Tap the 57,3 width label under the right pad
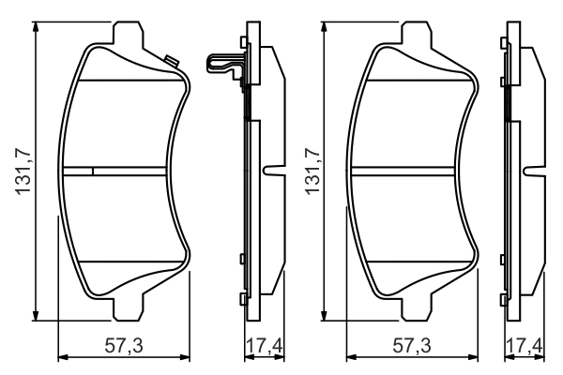pyautogui.click(x=414, y=347)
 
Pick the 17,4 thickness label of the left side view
pyautogui.click(x=263, y=347)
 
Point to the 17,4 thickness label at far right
pyautogui.click(x=523, y=347)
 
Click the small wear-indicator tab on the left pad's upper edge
pyautogui.click(x=172, y=62)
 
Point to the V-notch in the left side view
pyautogui.click(x=272, y=172)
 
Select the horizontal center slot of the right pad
pyautogui.click(x=413, y=171)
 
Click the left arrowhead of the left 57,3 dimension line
pyautogui.click(x=63, y=356)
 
